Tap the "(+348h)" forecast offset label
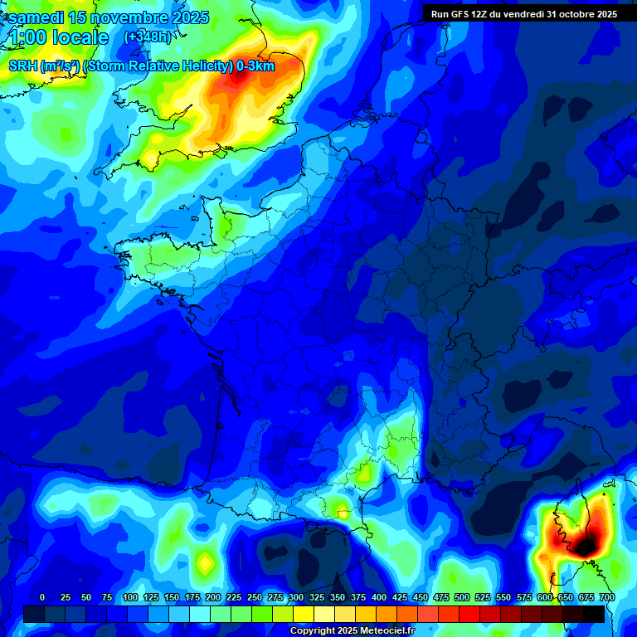[x=147, y=36]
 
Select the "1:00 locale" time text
[x=59, y=37]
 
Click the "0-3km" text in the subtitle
[x=255, y=66]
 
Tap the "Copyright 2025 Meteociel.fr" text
[x=353, y=630]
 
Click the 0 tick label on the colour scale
[x=42, y=597]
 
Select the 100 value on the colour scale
[x=130, y=597]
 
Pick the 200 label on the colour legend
[x=213, y=597]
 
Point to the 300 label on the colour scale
[x=296, y=597]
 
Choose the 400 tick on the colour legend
[x=379, y=597]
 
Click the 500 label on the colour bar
[x=462, y=597]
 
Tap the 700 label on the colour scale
[x=607, y=597]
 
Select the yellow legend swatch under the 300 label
[x=304, y=614]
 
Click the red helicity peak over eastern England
[x=240, y=79]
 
